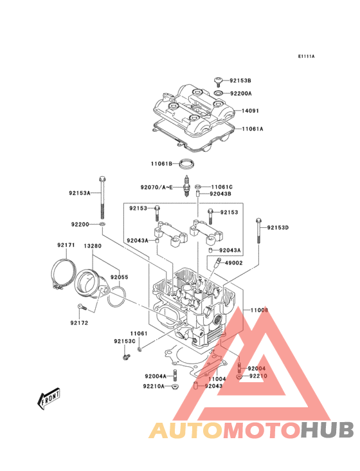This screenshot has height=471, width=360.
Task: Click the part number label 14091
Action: [x=250, y=111]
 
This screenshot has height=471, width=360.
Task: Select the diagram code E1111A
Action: [x=306, y=57]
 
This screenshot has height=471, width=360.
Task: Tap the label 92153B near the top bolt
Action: [x=240, y=80]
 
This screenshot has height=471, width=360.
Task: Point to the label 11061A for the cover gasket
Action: [x=253, y=129]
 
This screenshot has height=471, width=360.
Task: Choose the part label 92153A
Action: [x=80, y=192]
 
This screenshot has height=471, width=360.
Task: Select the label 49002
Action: [x=233, y=263]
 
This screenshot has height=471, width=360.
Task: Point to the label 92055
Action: [x=119, y=277]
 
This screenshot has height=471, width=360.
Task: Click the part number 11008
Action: [x=259, y=310]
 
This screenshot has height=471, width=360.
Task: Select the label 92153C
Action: [x=125, y=341]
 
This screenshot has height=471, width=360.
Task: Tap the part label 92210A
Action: [x=154, y=386]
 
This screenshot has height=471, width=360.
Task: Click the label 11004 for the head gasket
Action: [x=217, y=379]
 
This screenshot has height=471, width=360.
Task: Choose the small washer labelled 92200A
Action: [x=219, y=93]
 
